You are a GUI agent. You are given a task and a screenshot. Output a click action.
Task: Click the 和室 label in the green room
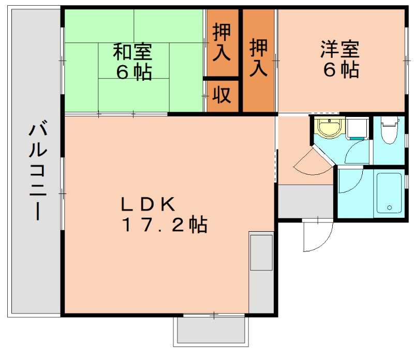(x=133, y=52)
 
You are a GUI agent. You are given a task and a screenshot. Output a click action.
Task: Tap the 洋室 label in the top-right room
(x=339, y=50)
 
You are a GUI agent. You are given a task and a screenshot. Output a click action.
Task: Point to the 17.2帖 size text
(x=165, y=225)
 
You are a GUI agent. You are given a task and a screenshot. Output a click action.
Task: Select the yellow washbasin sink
(x=328, y=127)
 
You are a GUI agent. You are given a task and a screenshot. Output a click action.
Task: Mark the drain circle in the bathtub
(x=390, y=208)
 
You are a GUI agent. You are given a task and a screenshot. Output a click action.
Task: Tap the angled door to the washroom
(x=313, y=160)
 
